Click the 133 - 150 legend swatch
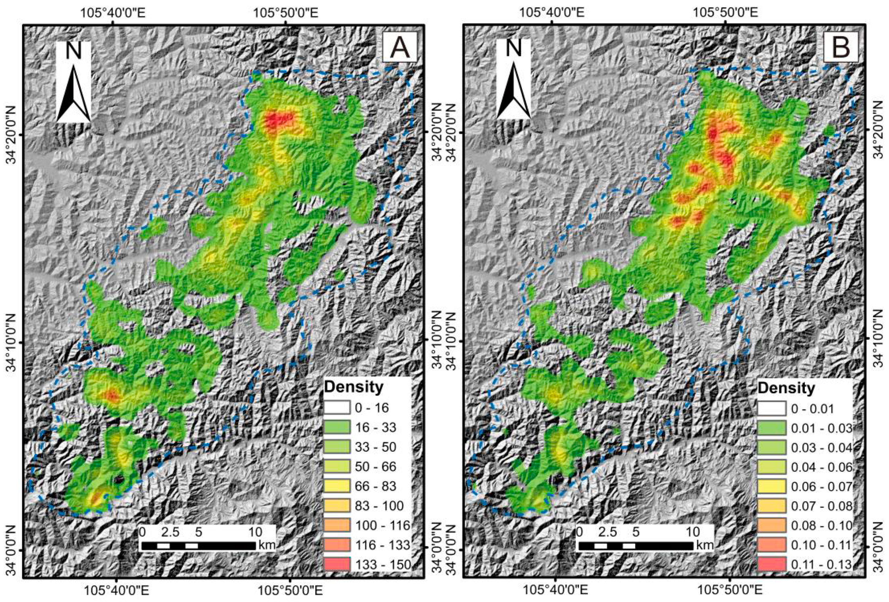337,565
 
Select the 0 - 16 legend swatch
337,408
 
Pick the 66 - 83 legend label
376,486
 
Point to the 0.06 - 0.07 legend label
821,486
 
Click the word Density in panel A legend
354,387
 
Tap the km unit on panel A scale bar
267,545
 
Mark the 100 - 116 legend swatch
337,525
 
